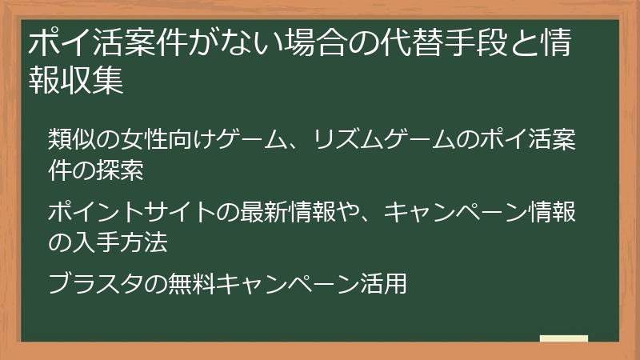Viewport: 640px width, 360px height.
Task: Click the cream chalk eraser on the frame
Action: (x=563, y=338)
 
